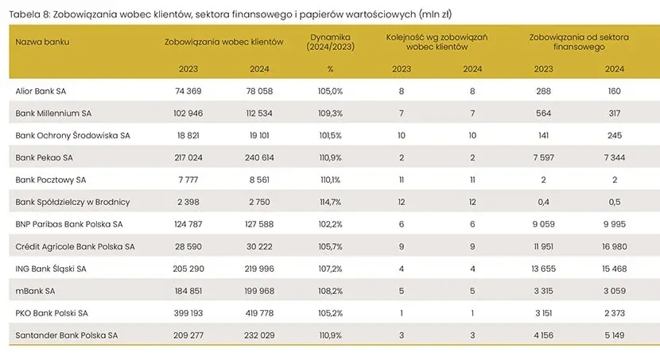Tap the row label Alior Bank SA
[x=41, y=91]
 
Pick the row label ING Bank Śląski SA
[x=51, y=269]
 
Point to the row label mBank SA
[x=36, y=291]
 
